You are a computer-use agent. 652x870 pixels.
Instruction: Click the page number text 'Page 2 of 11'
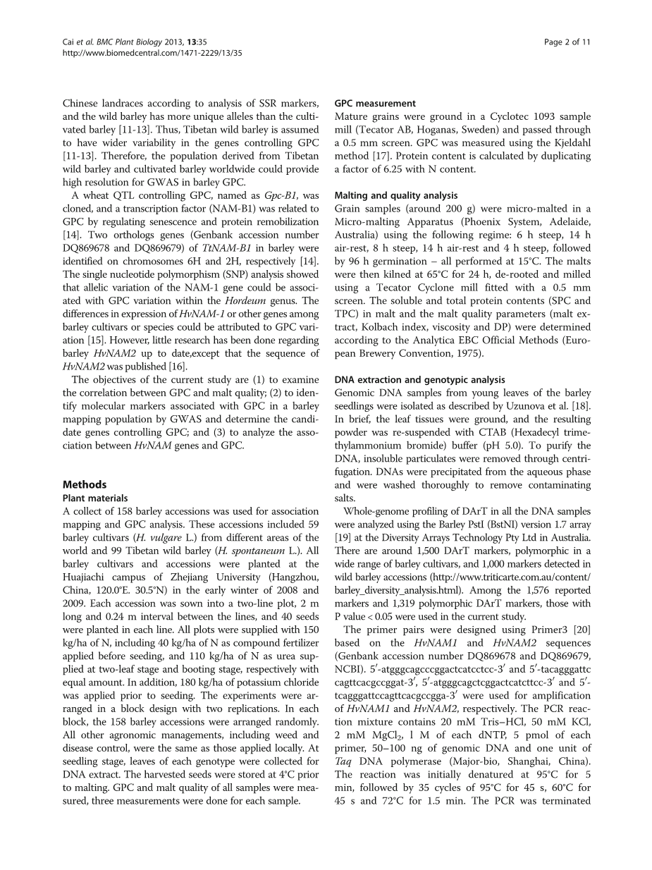click(567, 42)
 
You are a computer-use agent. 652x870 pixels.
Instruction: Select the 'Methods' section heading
click(85, 484)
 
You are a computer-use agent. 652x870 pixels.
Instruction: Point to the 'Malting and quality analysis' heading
click(396, 195)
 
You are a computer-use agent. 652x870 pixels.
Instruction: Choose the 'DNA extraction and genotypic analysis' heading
click(420, 379)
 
